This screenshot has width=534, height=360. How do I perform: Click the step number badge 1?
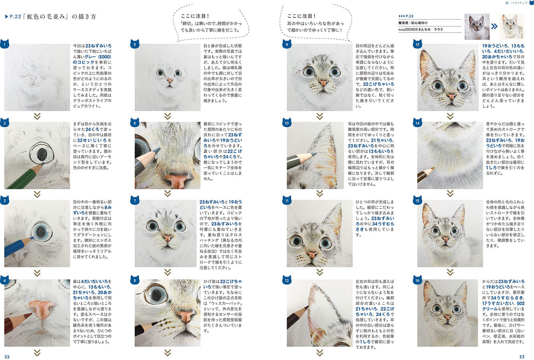pos(5,45)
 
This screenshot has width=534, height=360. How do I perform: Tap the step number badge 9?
pos(288,45)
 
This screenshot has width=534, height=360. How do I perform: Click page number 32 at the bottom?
pos(8,356)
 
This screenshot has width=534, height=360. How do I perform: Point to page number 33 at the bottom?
pos(525,356)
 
